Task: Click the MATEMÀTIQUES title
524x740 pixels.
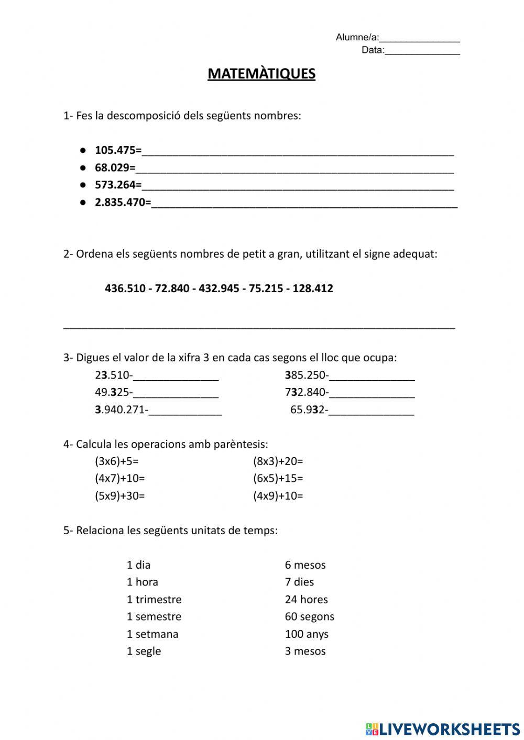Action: pyautogui.click(x=261, y=73)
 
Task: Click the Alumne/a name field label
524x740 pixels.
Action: pyautogui.click(x=357, y=37)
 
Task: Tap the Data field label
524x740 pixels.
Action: pyautogui.click(x=373, y=50)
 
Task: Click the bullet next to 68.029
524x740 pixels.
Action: pyautogui.click(x=83, y=168)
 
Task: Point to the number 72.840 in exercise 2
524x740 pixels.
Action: pyautogui.click(x=172, y=288)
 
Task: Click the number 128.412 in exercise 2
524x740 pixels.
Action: pyautogui.click(x=313, y=288)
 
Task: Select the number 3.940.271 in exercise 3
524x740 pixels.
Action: pyautogui.click(x=120, y=410)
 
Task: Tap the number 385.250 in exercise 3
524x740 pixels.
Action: pyautogui.click(x=305, y=375)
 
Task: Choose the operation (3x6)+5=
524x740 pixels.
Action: pyautogui.click(x=116, y=461)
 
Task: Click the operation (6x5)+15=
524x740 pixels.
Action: pyautogui.click(x=278, y=478)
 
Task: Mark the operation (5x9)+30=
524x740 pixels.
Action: pyautogui.click(x=119, y=495)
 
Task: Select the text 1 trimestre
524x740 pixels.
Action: pyautogui.click(x=154, y=599)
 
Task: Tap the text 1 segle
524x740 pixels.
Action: pyautogui.click(x=144, y=651)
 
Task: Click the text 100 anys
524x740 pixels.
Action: pyautogui.click(x=307, y=634)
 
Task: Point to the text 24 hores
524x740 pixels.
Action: pyautogui.click(x=306, y=599)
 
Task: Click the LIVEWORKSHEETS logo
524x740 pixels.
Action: pyautogui.click(x=443, y=728)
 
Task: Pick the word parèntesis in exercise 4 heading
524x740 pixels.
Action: pyautogui.click(x=241, y=444)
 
